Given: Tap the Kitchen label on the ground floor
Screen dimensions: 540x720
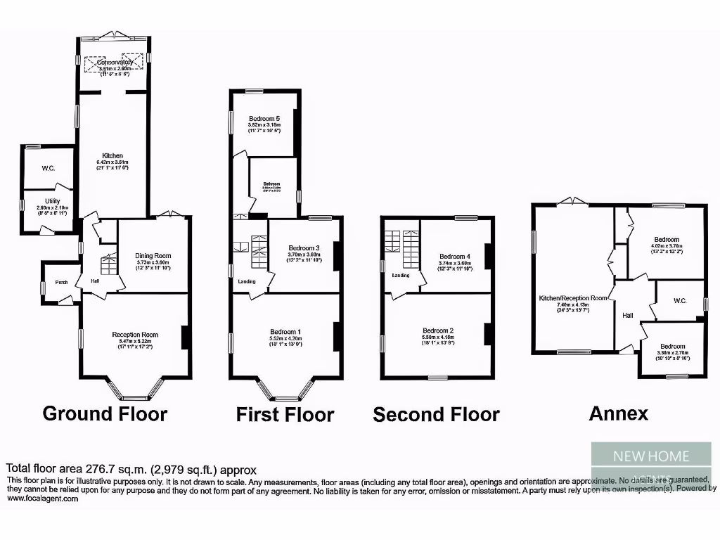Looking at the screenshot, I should point(112,155).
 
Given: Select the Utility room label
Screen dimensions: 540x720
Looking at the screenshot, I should point(53,201).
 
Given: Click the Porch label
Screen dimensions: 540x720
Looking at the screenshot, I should point(61,282).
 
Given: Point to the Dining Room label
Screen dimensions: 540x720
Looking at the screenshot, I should point(153,256).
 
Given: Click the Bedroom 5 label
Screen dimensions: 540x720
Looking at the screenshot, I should point(264,119).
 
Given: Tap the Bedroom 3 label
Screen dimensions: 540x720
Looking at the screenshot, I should point(304,248).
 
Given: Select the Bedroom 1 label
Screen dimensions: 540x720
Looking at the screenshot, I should point(285,332).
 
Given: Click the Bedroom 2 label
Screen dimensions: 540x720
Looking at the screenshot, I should point(438,330).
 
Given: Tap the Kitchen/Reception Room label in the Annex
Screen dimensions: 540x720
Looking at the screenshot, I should point(572,298).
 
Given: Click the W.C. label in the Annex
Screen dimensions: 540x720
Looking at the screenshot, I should point(679,301).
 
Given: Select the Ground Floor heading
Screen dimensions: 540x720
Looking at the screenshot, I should point(105,413).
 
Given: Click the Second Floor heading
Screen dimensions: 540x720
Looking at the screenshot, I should point(436,415).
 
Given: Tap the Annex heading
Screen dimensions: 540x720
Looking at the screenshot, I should point(618,413).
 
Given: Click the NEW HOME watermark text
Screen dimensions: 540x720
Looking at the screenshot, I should point(651,456).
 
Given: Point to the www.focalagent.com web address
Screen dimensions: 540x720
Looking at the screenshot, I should point(42,499).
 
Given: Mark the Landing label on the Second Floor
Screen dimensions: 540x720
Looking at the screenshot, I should point(400,275).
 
